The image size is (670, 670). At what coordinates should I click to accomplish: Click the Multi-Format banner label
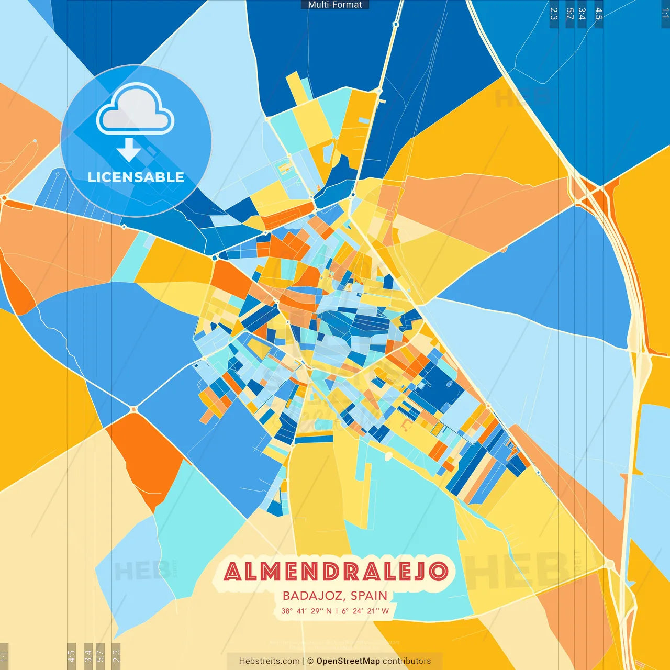click(x=335, y=5)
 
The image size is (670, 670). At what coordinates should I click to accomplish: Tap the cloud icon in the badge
click(x=136, y=109)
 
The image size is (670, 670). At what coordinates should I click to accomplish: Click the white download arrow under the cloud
click(x=129, y=150)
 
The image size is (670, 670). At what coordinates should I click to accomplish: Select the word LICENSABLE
click(x=136, y=177)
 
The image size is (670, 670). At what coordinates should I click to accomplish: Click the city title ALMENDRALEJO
click(x=336, y=572)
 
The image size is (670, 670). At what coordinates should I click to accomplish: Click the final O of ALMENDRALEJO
click(x=439, y=572)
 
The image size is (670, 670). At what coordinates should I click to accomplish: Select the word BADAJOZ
click(x=313, y=596)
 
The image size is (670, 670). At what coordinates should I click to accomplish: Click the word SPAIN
click(x=369, y=596)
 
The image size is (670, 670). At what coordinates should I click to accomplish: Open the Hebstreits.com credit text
click(x=269, y=661)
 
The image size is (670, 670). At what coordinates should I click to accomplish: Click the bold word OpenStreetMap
click(x=348, y=661)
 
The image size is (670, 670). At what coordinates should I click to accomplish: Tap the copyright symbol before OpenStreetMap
click(x=310, y=661)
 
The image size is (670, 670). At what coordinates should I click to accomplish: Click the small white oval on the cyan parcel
click(x=388, y=456)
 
